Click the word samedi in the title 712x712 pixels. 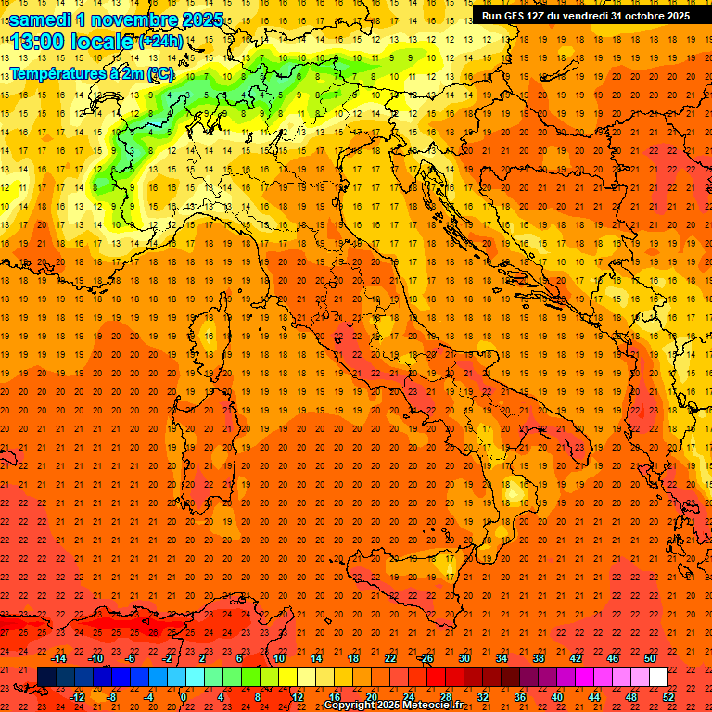39,19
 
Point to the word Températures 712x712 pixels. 58,72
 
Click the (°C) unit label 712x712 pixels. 159,72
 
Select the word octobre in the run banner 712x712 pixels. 644,16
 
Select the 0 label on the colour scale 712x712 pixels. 184,697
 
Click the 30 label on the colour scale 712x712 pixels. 464,658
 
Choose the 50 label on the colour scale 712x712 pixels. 650,658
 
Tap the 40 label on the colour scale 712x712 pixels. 557,697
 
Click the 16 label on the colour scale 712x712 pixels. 335,697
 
